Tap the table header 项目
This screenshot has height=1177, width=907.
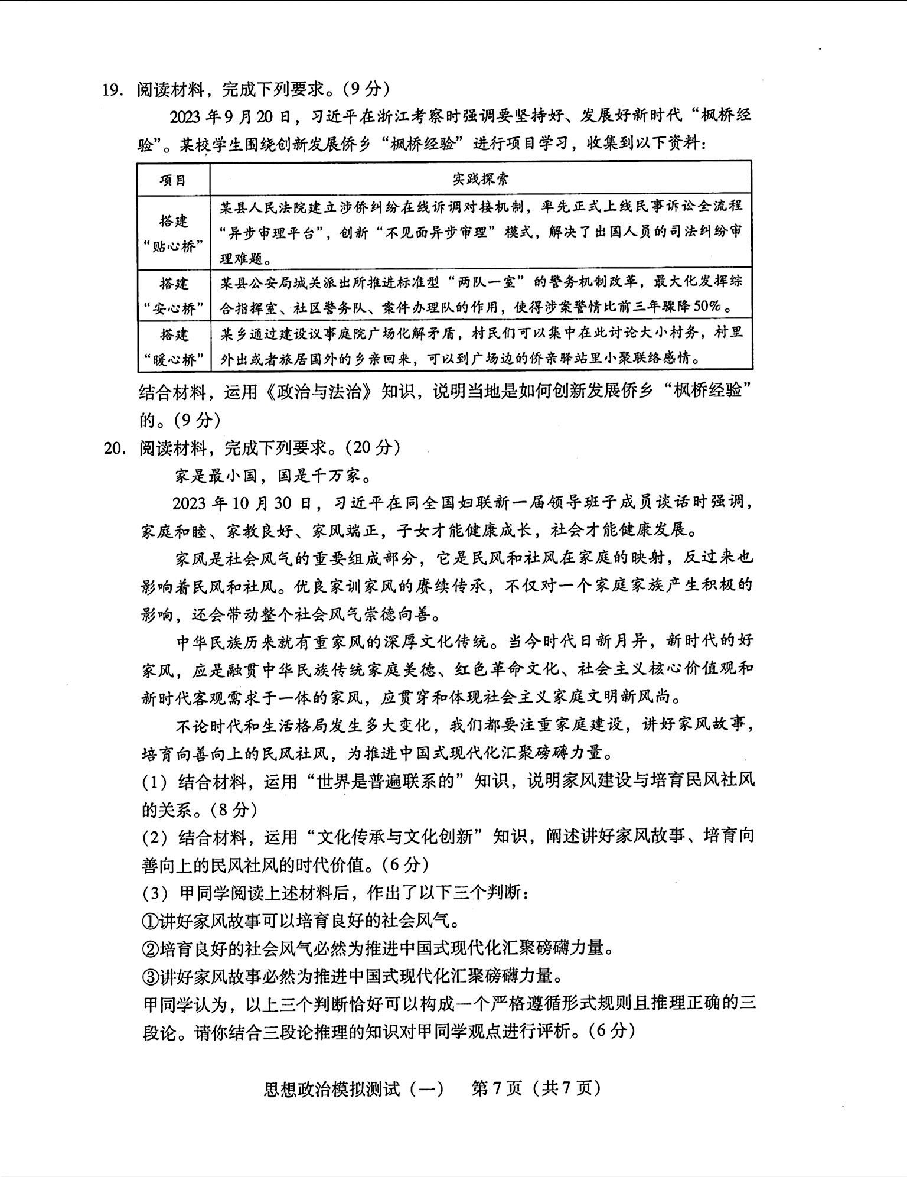pos(173,180)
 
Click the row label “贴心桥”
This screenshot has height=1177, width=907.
pos(174,246)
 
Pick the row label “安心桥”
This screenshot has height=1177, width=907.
pos(174,308)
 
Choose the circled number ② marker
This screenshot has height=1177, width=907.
pos(150,949)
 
